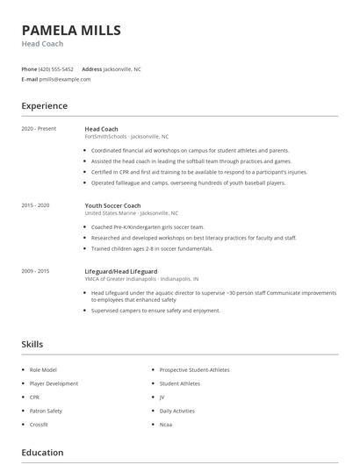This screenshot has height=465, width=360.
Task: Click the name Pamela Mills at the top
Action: [x=71, y=31]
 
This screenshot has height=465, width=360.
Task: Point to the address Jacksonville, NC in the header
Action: [x=122, y=68]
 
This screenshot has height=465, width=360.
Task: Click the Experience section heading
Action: [x=44, y=106]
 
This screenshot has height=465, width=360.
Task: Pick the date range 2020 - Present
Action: [x=39, y=129]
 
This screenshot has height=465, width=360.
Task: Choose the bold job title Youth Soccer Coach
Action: [x=112, y=205]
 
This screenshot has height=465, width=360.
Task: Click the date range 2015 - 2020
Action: [x=35, y=205]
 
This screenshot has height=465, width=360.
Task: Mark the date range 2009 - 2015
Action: [x=35, y=271]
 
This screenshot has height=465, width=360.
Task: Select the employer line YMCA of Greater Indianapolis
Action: [x=129, y=278]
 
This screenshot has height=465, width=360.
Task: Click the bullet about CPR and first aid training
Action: [x=199, y=172]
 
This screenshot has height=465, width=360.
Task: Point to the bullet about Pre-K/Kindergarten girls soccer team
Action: [x=148, y=226]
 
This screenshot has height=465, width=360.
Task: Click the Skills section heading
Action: [x=32, y=345]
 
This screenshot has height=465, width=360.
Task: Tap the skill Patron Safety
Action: [x=47, y=411]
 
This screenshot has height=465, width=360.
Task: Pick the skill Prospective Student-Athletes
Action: [x=194, y=370]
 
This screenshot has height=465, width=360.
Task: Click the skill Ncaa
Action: [x=167, y=424]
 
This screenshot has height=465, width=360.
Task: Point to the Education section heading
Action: [x=42, y=453]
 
